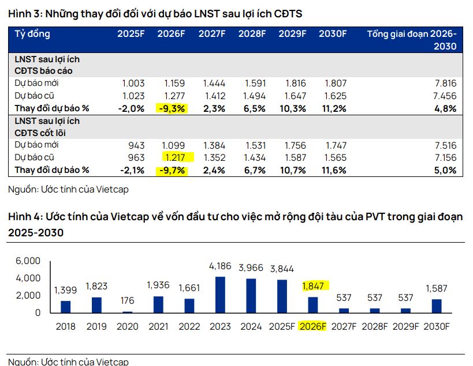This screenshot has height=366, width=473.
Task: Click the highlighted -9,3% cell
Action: coord(172,108)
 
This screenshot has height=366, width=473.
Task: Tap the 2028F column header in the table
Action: coord(252,34)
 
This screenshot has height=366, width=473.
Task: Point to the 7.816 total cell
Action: coord(444,83)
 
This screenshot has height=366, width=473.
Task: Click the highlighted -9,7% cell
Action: coord(172,170)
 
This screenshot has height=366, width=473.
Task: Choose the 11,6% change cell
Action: coord(333,170)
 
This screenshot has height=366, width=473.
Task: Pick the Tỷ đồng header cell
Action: coord(32,34)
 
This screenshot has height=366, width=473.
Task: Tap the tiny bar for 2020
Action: coord(128,312)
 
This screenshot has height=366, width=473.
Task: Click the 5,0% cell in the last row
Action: coord(445,170)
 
